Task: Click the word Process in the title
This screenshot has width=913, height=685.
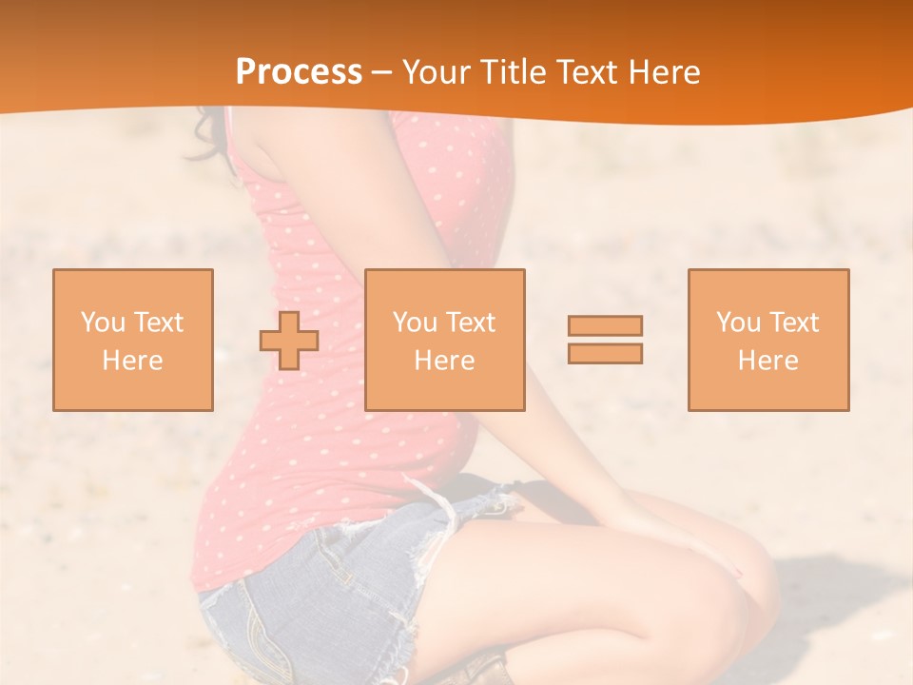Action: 299,72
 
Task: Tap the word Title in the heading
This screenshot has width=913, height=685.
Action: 515,72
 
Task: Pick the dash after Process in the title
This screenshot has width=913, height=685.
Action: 382,73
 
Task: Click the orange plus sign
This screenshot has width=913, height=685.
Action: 289,341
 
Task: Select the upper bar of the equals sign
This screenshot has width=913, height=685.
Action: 605,325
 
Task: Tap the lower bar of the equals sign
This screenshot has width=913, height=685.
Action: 605,353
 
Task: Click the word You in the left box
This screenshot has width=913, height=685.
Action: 103,323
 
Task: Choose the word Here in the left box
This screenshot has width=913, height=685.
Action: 132,361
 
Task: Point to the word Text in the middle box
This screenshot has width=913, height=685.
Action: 471,323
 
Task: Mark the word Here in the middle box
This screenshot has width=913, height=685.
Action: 444,361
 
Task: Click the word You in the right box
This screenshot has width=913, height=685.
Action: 738,323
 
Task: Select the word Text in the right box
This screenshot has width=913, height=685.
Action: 794,323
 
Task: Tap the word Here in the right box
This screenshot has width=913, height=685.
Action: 767,361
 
